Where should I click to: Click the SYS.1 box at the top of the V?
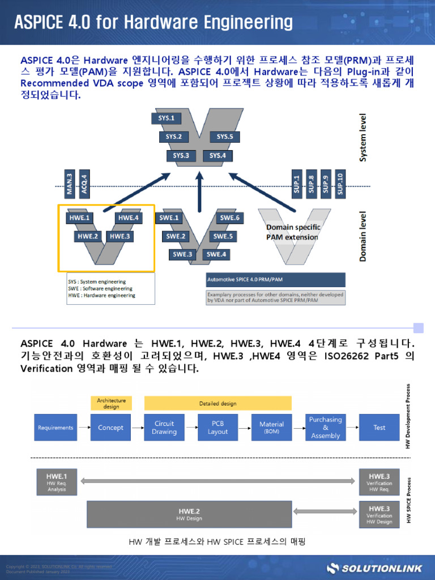pos(167,118)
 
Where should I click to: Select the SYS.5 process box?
pos(224,137)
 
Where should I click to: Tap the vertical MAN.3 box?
pos(69,183)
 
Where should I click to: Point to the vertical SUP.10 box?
pos(340,183)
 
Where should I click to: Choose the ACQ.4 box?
pos(84,183)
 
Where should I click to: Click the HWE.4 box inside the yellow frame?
pos(128,217)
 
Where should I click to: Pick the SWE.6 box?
pos(230,217)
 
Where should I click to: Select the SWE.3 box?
pos(182,254)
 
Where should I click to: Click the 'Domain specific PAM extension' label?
pos(293,232)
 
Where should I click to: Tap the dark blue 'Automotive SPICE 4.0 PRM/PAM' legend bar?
pos(275,280)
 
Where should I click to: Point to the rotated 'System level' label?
pos(364,138)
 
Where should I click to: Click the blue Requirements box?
pos(56,428)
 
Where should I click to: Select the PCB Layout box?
pos(217,428)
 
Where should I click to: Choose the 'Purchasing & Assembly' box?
pos(325,428)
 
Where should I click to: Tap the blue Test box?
pos(379,428)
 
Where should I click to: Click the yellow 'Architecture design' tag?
pos(111,403)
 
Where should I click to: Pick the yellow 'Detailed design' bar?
pos(218,403)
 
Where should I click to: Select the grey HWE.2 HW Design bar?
pos(189,514)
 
